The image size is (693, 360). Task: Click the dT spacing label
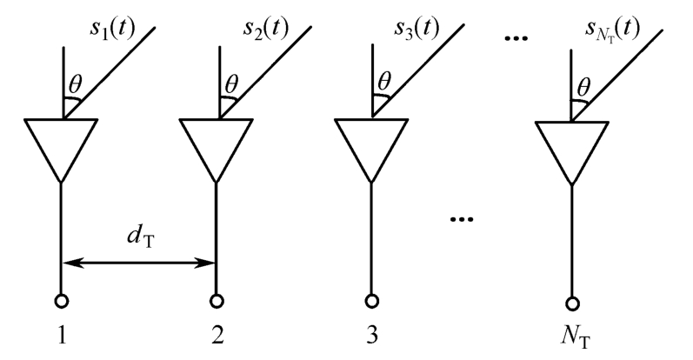pos(138,237)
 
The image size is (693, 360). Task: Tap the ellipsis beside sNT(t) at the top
pos(519,40)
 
